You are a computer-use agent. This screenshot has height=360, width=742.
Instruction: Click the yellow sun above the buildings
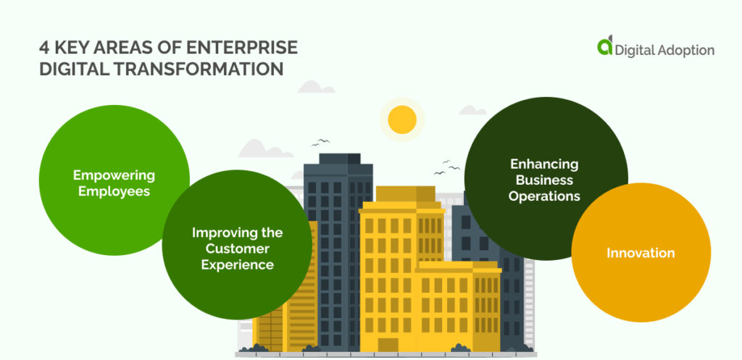point(401,120)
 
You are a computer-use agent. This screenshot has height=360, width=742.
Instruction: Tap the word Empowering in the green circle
point(114,175)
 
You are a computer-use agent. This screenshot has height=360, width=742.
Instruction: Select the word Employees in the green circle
point(114,191)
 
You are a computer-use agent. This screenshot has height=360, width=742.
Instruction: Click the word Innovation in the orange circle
point(641,253)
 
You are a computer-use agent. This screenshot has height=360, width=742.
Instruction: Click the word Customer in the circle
point(237,248)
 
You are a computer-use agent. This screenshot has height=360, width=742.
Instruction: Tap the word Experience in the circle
point(237,264)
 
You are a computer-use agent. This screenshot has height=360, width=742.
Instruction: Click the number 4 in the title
point(44,48)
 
